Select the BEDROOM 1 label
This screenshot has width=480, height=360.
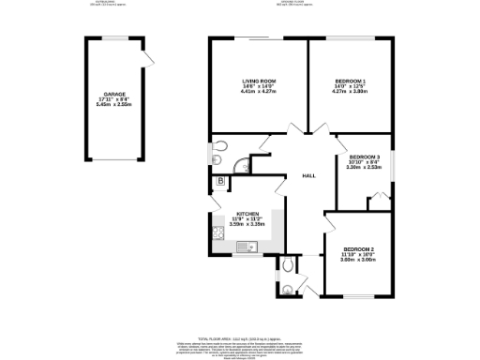[349, 82]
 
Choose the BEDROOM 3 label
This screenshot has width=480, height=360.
[365, 157]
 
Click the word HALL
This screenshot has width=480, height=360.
[307, 176]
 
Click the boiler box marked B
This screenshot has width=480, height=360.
[220, 180]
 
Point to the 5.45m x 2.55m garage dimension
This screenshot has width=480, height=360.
[114, 106]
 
